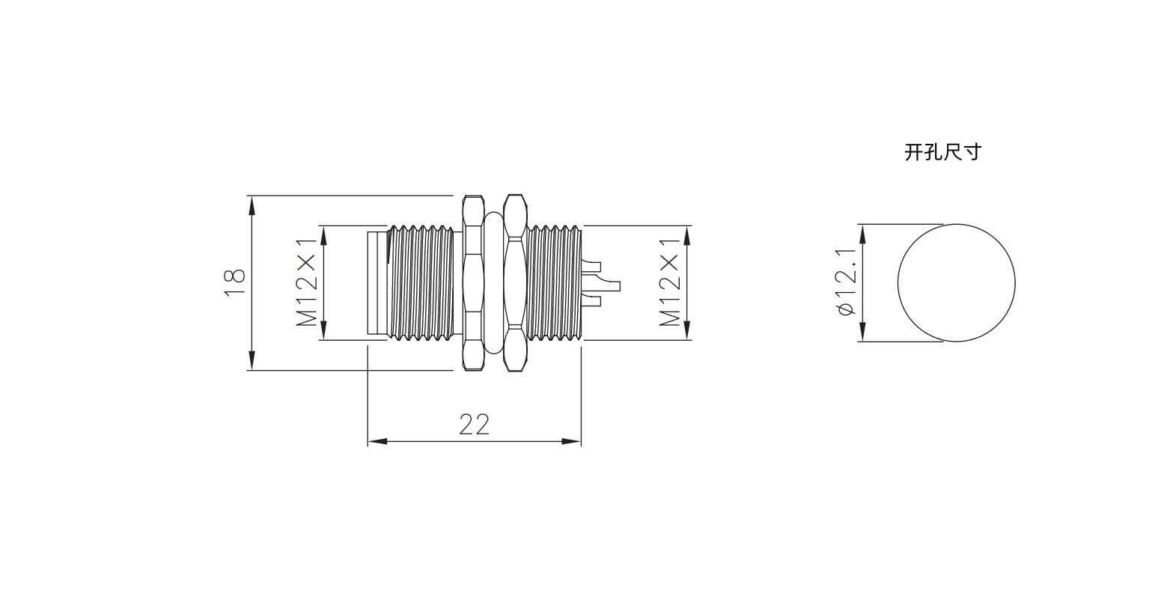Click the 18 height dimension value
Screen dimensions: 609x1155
(235, 282)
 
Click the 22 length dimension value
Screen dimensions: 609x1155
(474, 425)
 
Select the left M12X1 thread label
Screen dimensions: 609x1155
(307, 282)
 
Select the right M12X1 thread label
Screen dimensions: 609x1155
(670, 282)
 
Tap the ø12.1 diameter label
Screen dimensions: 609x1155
(847, 282)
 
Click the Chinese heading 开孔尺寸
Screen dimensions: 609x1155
(942, 153)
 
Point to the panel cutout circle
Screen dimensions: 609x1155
(956, 283)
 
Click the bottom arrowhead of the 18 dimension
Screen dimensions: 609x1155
(252, 360)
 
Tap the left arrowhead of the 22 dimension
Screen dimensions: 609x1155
(377, 441)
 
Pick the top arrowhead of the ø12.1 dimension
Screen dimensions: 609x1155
(862, 234)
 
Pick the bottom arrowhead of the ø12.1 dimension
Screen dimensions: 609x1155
(862, 332)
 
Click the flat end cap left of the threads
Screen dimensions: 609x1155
(377, 283)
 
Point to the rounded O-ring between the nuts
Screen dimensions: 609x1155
(493, 283)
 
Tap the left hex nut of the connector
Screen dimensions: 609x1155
(472, 283)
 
